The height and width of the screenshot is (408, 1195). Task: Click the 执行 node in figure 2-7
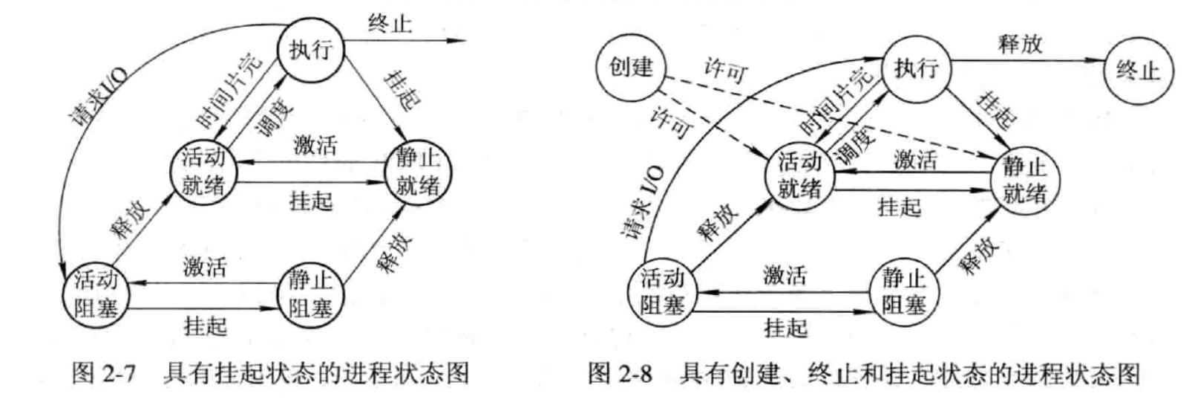[311, 50]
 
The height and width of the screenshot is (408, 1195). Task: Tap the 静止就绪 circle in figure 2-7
[417, 172]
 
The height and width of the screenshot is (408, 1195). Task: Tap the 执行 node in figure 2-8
[916, 68]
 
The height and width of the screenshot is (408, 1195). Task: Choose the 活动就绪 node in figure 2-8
[799, 176]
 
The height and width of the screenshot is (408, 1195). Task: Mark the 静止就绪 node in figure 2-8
[1024, 180]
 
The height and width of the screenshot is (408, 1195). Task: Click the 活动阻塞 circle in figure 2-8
[662, 292]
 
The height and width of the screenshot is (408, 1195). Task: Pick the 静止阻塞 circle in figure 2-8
[903, 292]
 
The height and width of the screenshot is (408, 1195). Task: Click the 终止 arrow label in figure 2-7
[390, 24]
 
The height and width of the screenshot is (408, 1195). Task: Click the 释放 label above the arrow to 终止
[1020, 44]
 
